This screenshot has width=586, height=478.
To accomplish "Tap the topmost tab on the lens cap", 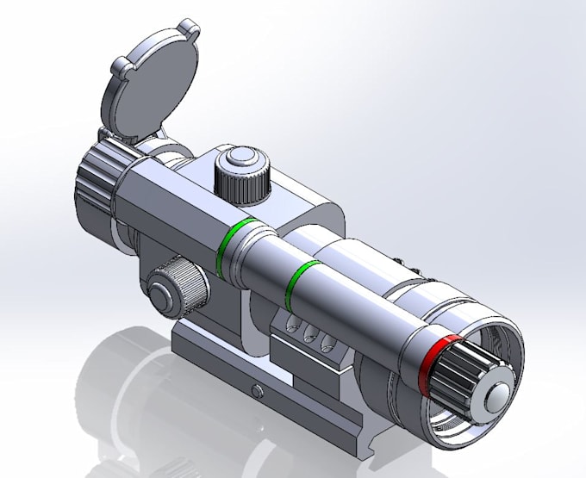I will tap(191, 33).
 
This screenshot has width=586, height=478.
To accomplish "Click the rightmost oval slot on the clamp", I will tap(326, 343).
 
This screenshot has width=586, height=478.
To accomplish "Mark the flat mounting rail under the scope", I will tap(224, 379).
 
